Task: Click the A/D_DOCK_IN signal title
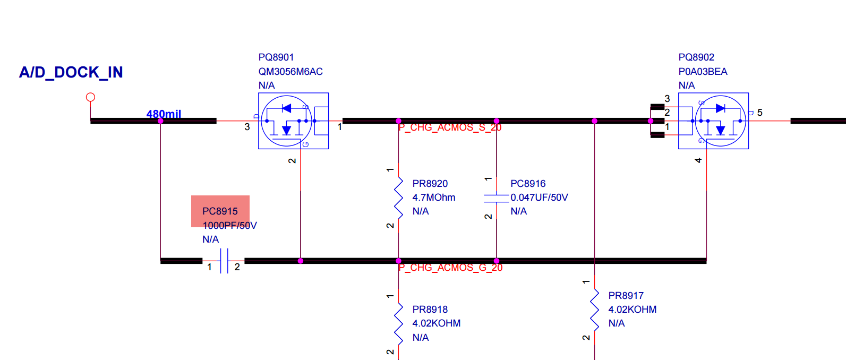click(x=71, y=72)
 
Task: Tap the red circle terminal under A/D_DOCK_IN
click(x=90, y=97)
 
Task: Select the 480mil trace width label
click(x=164, y=114)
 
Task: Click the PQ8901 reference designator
click(x=276, y=57)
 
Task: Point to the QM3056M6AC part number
click(x=290, y=72)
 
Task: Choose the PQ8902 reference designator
click(x=696, y=57)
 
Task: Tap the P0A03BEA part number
click(x=703, y=72)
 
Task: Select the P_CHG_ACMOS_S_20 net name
click(x=450, y=127)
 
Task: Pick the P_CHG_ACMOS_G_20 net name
click(x=450, y=268)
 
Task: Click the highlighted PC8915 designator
click(x=220, y=211)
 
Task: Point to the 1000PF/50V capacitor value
click(x=229, y=226)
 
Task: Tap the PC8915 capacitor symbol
click(x=224, y=261)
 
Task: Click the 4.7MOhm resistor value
click(x=433, y=198)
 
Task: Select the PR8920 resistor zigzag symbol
click(x=398, y=198)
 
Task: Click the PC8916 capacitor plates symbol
click(x=496, y=198)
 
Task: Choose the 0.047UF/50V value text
click(x=539, y=198)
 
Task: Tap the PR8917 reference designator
click(x=626, y=296)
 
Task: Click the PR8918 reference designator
click(x=430, y=310)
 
